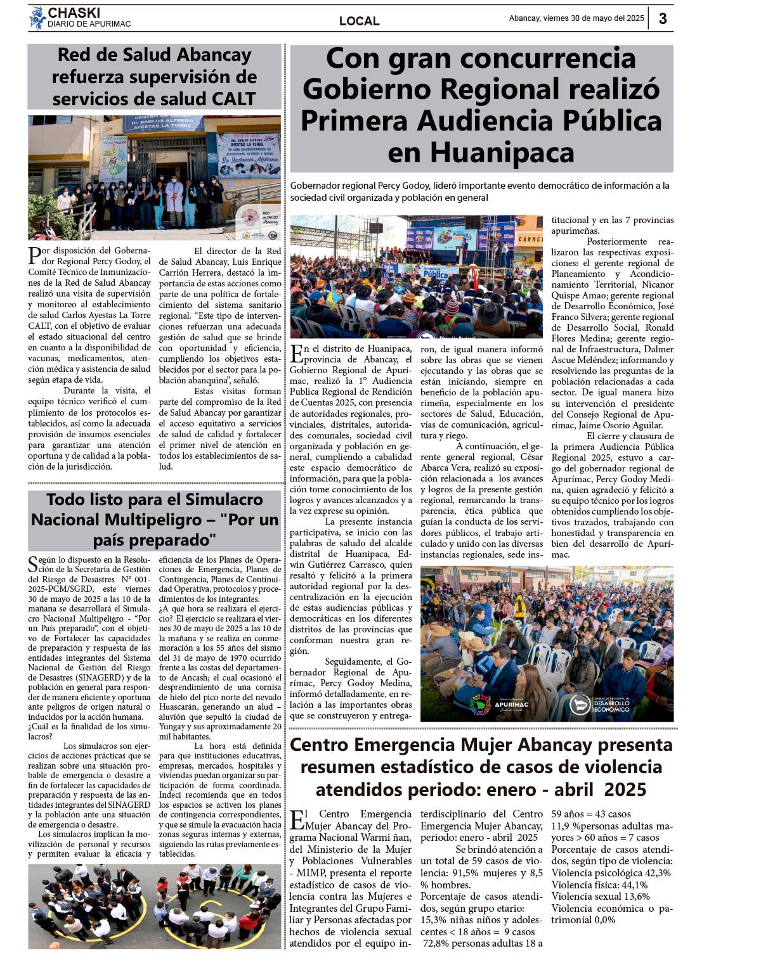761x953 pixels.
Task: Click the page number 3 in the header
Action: point(663,18)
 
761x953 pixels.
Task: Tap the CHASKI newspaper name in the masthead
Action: point(74,13)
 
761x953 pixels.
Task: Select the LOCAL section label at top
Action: point(359,21)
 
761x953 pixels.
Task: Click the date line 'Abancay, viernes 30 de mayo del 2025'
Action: point(576,18)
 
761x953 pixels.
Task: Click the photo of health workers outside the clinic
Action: point(154,177)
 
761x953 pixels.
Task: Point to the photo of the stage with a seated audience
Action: point(416,276)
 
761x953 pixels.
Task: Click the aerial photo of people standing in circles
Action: point(154,906)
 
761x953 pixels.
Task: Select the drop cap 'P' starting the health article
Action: point(34,256)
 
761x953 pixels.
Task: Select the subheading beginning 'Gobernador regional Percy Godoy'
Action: point(480,191)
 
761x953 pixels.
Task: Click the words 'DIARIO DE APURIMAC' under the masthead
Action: point(89,24)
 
